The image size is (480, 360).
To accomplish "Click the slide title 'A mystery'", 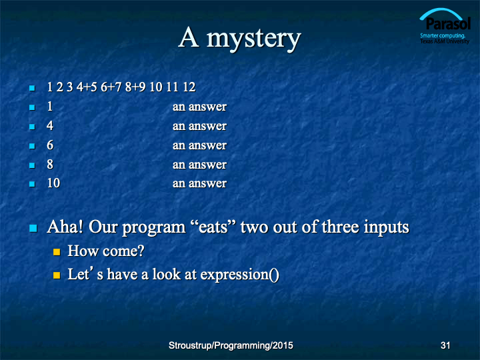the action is (239, 38).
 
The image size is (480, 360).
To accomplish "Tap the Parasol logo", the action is (445, 26).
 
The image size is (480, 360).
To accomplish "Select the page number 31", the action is (445, 345).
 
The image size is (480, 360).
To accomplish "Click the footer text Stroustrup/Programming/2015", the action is (231, 345).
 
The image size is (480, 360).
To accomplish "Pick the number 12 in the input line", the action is (189, 87).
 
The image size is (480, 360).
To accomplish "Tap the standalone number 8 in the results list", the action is (50, 165).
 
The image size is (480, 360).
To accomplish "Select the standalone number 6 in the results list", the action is (50, 145).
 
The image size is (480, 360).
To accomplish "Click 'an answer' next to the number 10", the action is (199, 183).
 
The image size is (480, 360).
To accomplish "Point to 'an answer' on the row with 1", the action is (199, 107).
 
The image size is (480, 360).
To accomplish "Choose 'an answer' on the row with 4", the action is (199, 126).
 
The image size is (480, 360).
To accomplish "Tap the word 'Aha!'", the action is (65, 227).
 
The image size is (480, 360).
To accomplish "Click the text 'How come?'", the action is (106, 251).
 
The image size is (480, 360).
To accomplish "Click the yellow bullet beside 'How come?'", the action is (57, 252).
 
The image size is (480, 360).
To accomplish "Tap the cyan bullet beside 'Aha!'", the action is (33, 229).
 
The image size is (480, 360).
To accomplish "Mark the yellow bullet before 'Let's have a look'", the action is (57, 275).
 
